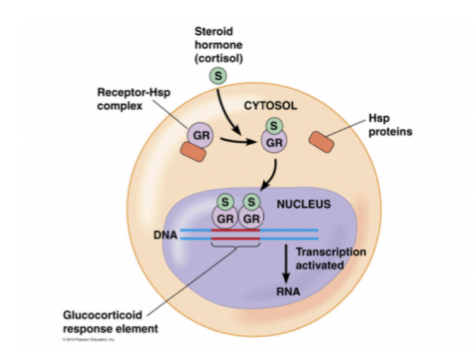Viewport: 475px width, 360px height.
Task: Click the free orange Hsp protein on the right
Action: [x=321, y=141]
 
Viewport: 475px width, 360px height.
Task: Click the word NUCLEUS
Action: [x=304, y=204]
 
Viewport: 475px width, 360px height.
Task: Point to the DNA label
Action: [x=167, y=236]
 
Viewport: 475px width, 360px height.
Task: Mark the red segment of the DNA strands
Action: [x=235, y=234]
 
